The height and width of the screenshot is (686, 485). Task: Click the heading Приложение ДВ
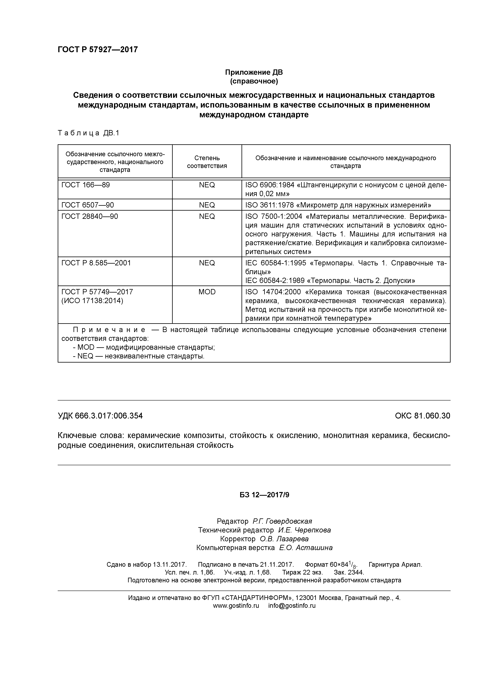click(254, 72)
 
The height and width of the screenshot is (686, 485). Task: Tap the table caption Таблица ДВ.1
click(88, 133)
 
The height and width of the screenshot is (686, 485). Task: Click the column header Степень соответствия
click(207, 162)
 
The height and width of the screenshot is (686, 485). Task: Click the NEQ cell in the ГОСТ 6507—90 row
click(207, 205)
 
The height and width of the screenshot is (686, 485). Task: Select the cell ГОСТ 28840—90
click(90, 216)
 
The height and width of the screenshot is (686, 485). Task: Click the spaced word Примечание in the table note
click(109, 330)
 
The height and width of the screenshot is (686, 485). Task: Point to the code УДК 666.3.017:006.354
click(100, 416)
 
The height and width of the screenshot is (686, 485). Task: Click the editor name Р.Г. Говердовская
click(282, 521)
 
